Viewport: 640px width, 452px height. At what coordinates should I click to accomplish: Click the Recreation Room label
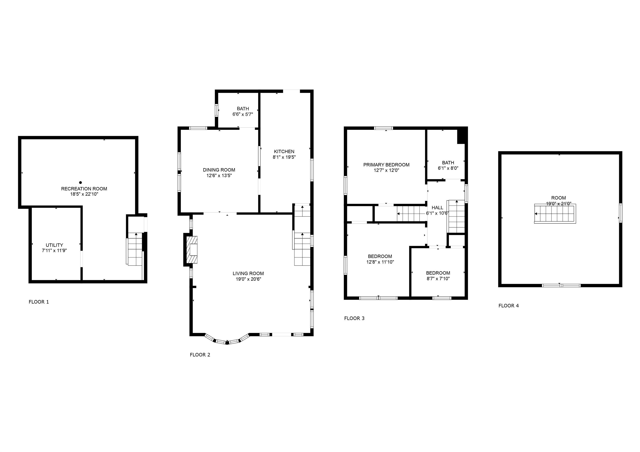[x=84, y=189]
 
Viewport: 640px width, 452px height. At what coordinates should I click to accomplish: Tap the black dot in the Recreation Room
[x=81, y=183]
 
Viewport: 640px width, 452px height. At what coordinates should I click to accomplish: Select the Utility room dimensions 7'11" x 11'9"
[x=54, y=251]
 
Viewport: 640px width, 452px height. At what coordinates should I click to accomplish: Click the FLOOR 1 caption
[x=39, y=302]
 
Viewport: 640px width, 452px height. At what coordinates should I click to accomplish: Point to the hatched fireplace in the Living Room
[x=192, y=250]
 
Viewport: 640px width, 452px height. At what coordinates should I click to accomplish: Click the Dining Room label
[x=219, y=170]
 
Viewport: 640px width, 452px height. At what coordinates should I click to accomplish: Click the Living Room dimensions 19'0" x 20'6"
[x=248, y=279]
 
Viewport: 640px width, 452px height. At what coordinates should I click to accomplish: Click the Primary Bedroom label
[x=386, y=165]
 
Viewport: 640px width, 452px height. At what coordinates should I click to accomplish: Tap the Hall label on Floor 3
[x=437, y=208]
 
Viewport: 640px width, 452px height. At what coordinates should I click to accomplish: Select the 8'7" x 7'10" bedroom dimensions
[x=438, y=278]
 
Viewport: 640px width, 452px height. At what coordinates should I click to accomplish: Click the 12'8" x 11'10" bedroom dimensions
[x=380, y=262]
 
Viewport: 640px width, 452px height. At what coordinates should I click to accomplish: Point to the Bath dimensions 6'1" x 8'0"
[x=448, y=168]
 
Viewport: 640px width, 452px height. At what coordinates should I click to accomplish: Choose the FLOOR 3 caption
[x=354, y=318]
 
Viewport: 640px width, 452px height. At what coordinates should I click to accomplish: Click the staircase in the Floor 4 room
[x=555, y=214]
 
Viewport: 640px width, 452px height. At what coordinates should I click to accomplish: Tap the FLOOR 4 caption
[x=509, y=305]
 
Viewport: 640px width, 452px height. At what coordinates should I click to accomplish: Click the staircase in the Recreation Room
[x=135, y=249]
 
